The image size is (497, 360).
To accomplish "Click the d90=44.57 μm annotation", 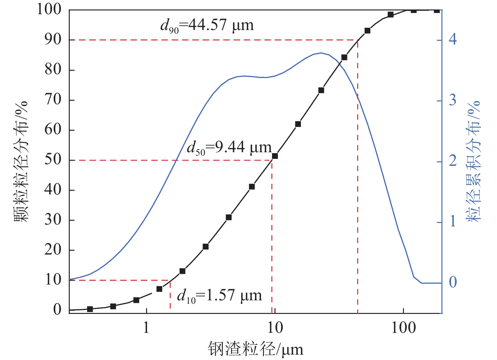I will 207,25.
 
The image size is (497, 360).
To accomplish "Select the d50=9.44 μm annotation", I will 229,147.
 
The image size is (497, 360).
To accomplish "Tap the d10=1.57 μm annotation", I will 220,296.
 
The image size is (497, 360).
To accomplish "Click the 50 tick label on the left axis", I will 53,160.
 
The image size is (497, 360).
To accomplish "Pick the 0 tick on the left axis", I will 57,309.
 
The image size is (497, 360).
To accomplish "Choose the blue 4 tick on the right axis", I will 453,39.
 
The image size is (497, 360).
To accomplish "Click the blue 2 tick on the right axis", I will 453,161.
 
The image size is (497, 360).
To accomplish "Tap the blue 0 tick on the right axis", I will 453,282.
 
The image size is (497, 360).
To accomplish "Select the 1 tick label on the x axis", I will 146,328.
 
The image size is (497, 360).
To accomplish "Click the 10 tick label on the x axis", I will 275,328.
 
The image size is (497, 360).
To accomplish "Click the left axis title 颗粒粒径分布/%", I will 21,162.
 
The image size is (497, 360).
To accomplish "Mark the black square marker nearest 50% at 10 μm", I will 275,156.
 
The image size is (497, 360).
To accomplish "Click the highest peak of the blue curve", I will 321,53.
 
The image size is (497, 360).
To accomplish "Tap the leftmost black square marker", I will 90,309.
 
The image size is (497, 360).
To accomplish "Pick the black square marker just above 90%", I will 367,31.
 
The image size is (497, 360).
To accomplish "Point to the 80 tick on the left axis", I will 53,70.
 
